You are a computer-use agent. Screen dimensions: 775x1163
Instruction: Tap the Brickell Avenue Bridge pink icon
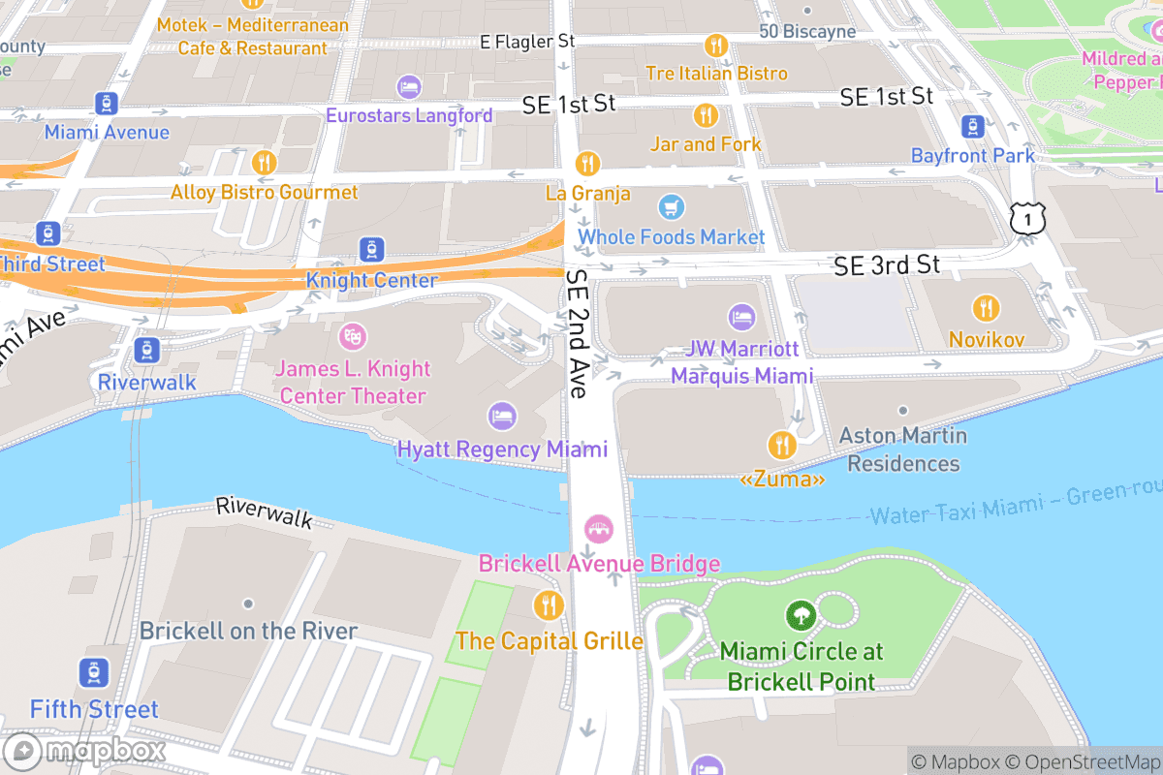point(599,530)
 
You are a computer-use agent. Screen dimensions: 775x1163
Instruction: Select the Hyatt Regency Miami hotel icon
point(502,417)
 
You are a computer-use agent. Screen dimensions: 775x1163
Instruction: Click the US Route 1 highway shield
point(1026,219)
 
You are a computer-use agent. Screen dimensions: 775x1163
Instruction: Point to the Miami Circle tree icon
point(800,615)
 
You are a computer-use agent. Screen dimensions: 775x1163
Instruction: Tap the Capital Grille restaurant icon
point(549,606)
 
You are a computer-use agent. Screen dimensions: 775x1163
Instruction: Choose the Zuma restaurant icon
point(782,446)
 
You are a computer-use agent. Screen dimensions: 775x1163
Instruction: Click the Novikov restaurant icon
point(986,308)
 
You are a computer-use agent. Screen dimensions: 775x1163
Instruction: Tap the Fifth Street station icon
point(94,673)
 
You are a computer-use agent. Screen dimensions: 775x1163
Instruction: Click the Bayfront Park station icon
point(972,126)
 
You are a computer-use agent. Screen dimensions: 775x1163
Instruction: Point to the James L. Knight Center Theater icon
point(352,337)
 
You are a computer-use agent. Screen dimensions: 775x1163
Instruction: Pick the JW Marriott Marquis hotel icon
point(741,317)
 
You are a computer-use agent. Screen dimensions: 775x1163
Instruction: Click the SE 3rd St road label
point(887,265)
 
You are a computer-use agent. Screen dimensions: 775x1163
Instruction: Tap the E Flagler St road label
point(527,42)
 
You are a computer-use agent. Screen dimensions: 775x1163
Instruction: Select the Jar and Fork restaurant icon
point(706,116)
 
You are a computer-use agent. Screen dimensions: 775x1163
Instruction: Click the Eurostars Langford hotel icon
point(409,87)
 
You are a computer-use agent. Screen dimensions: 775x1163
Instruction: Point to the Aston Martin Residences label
point(903,449)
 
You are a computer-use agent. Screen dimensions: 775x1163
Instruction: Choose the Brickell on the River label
point(248,631)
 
